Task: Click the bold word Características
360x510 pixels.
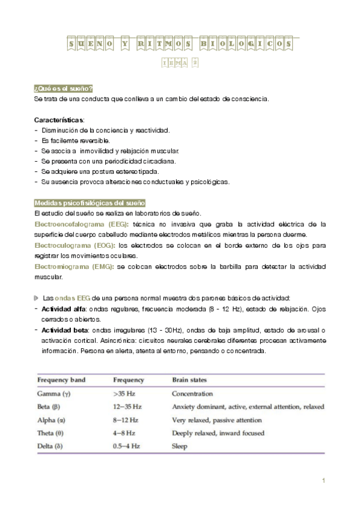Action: tap(59, 119)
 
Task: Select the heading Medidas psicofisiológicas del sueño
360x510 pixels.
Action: tap(90, 204)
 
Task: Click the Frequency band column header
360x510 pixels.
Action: tap(61, 380)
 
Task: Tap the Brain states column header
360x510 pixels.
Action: tap(189, 380)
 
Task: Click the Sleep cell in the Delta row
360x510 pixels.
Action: tap(180, 446)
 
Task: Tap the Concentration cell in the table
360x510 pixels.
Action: tap(192, 394)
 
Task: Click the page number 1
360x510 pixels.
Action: tap(323, 481)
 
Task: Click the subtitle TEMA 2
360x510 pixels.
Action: tap(180, 63)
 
